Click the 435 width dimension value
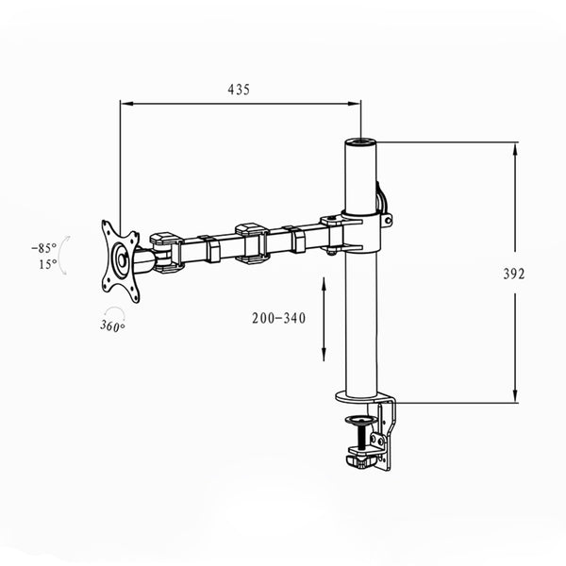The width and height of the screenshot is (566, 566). click(x=239, y=90)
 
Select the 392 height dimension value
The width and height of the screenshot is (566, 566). click(x=514, y=274)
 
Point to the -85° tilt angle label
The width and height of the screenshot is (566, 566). click(x=42, y=247)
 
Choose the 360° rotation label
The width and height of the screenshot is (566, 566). click(x=112, y=325)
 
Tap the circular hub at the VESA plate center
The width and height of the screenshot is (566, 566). click(x=122, y=260)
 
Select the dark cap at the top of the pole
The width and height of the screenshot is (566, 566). click(x=359, y=143)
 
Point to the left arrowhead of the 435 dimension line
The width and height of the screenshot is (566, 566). click(x=125, y=104)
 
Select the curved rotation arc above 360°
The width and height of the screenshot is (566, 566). click(x=114, y=312)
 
